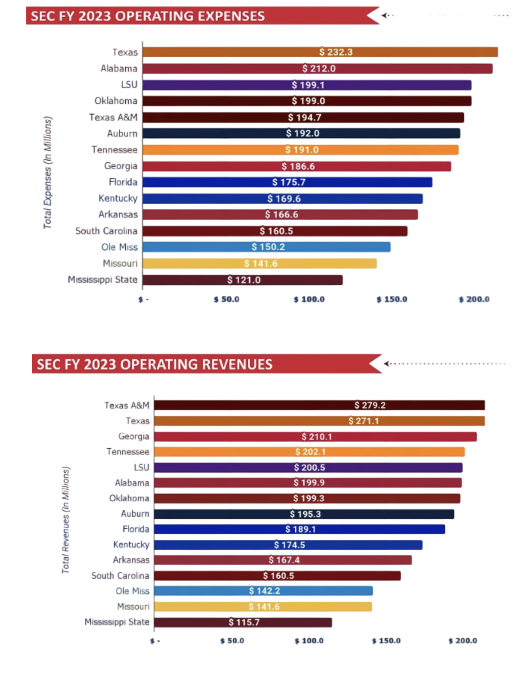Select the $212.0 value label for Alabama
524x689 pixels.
[319, 69]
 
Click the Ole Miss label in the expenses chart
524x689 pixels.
[119, 247]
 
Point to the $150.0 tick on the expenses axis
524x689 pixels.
[392, 299]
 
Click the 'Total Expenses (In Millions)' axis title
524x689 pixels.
[47, 172]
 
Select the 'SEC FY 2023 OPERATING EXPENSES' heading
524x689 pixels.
[148, 16]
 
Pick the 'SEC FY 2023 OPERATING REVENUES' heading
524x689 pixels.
[155, 365]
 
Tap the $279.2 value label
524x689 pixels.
[370, 405]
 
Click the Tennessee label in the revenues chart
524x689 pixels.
[128, 452]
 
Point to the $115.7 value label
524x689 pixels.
[244, 622]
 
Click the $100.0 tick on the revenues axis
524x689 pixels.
[309, 641]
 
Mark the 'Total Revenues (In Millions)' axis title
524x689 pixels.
[66, 520]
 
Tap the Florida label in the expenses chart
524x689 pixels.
[123, 182]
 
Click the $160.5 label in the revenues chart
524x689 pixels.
[278, 576]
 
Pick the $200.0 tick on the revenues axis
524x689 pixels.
[463, 641]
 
